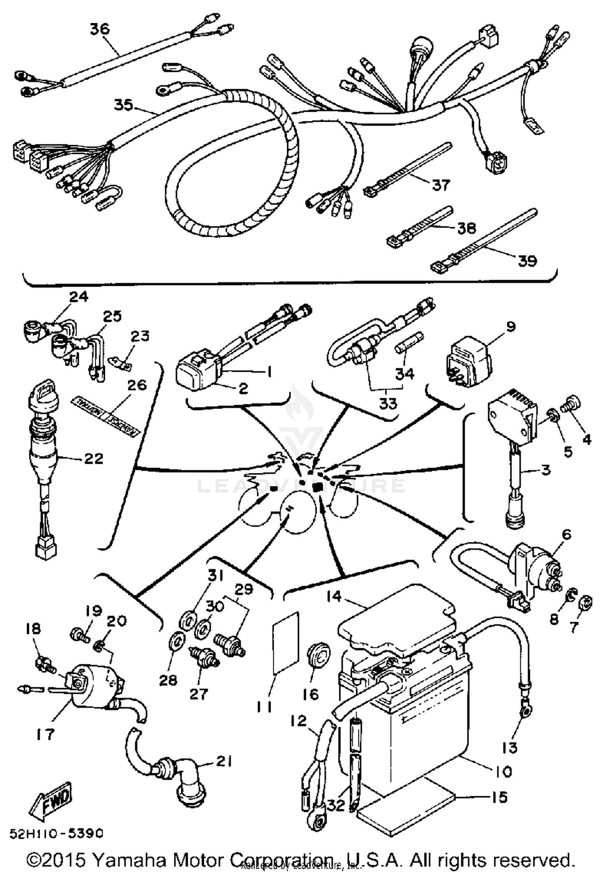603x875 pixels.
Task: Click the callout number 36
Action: pos(99,29)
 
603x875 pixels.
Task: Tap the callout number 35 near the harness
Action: pos(123,105)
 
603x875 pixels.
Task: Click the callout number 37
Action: pos(441,185)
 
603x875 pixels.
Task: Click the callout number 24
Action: pos(79,297)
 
